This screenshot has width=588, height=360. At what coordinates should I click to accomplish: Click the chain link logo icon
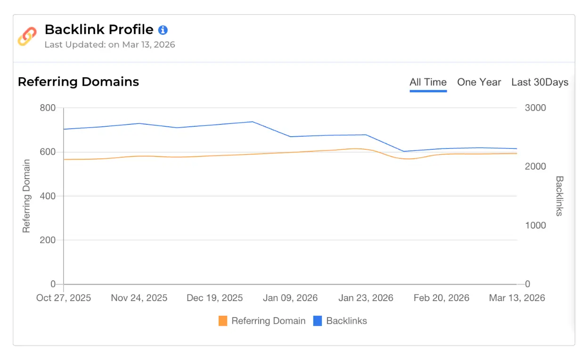(27, 36)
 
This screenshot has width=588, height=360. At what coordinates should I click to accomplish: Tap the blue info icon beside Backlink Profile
(163, 30)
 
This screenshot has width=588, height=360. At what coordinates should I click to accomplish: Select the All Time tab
(428, 82)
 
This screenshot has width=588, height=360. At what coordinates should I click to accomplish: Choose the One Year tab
(479, 82)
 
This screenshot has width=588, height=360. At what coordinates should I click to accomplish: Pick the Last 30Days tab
(539, 82)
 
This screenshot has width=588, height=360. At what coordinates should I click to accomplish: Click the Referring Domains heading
(78, 82)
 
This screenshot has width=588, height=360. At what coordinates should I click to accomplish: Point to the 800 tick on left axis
(47, 108)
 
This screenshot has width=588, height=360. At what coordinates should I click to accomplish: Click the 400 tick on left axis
(47, 196)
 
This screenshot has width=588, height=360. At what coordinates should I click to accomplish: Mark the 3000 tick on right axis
(535, 108)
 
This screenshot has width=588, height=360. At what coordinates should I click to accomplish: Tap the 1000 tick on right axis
(535, 226)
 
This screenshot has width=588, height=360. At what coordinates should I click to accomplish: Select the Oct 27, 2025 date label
(64, 298)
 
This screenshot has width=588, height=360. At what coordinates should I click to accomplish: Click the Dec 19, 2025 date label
(214, 298)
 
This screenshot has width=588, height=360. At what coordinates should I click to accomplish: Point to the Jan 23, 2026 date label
(366, 298)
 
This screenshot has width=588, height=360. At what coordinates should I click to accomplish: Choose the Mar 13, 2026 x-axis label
(517, 298)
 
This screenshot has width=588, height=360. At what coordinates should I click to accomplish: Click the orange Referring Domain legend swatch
(223, 321)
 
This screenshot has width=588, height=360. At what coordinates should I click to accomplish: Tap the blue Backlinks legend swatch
(318, 321)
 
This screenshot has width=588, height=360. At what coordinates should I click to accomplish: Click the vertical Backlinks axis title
(559, 196)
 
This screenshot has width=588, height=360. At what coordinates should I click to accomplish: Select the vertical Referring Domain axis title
(26, 196)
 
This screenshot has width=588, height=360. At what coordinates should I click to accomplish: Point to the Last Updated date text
(110, 45)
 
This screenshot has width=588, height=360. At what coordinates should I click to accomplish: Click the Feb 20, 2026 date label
(441, 298)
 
